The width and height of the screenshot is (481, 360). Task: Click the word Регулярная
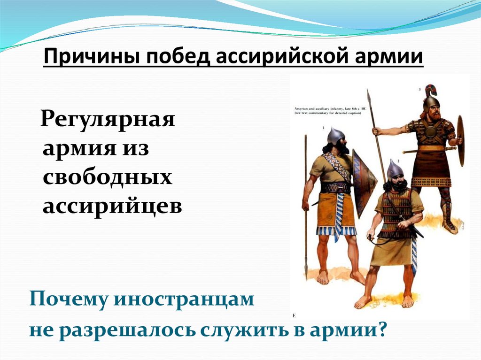(108, 121)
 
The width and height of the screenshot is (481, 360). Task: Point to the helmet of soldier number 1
(335, 135)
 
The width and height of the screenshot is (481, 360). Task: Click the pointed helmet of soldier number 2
(395, 169)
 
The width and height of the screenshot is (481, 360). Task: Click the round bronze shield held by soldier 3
(460, 141)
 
